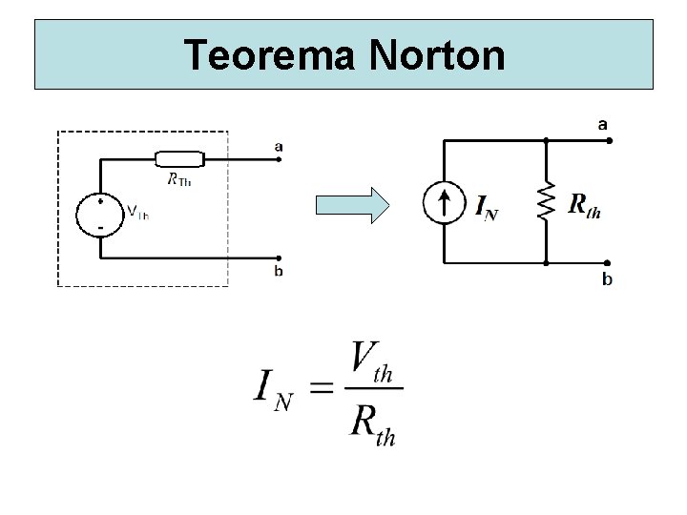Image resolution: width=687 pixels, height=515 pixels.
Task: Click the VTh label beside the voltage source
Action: pyautogui.click(x=137, y=214)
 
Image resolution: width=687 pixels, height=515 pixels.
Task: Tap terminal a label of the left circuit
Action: pyautogui.click(x=278, y=146)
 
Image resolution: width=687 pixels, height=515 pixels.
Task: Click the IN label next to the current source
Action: pyautogui.click(x=486, y=206)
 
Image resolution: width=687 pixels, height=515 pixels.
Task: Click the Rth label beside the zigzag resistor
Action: pyautogui.click(x=584, y=204)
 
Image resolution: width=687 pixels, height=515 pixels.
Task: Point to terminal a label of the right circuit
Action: pyautogui.click(x=603, y=124)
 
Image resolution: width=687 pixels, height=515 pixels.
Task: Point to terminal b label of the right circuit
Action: pyautogui.click(x=608, y=278)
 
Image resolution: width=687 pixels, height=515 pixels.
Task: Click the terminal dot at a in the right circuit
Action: pyautogui.click(x=610, y=140)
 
